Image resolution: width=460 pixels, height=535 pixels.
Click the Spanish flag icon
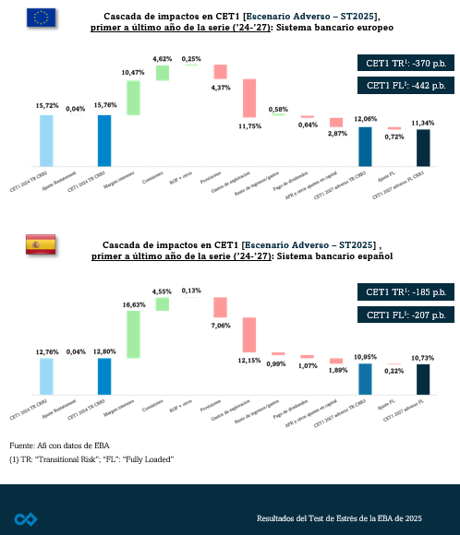(40, 244)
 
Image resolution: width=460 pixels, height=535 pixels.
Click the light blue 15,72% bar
(46, 138)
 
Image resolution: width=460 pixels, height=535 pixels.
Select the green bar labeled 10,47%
(133, 98)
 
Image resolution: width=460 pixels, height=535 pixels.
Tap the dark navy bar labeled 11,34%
(423, 146)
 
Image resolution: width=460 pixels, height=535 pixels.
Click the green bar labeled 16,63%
(133, 334)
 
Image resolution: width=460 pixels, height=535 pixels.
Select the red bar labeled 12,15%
(249, 341)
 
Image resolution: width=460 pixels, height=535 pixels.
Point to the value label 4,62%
(163, 59)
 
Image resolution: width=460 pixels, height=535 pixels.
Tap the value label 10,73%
(423, 357)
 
